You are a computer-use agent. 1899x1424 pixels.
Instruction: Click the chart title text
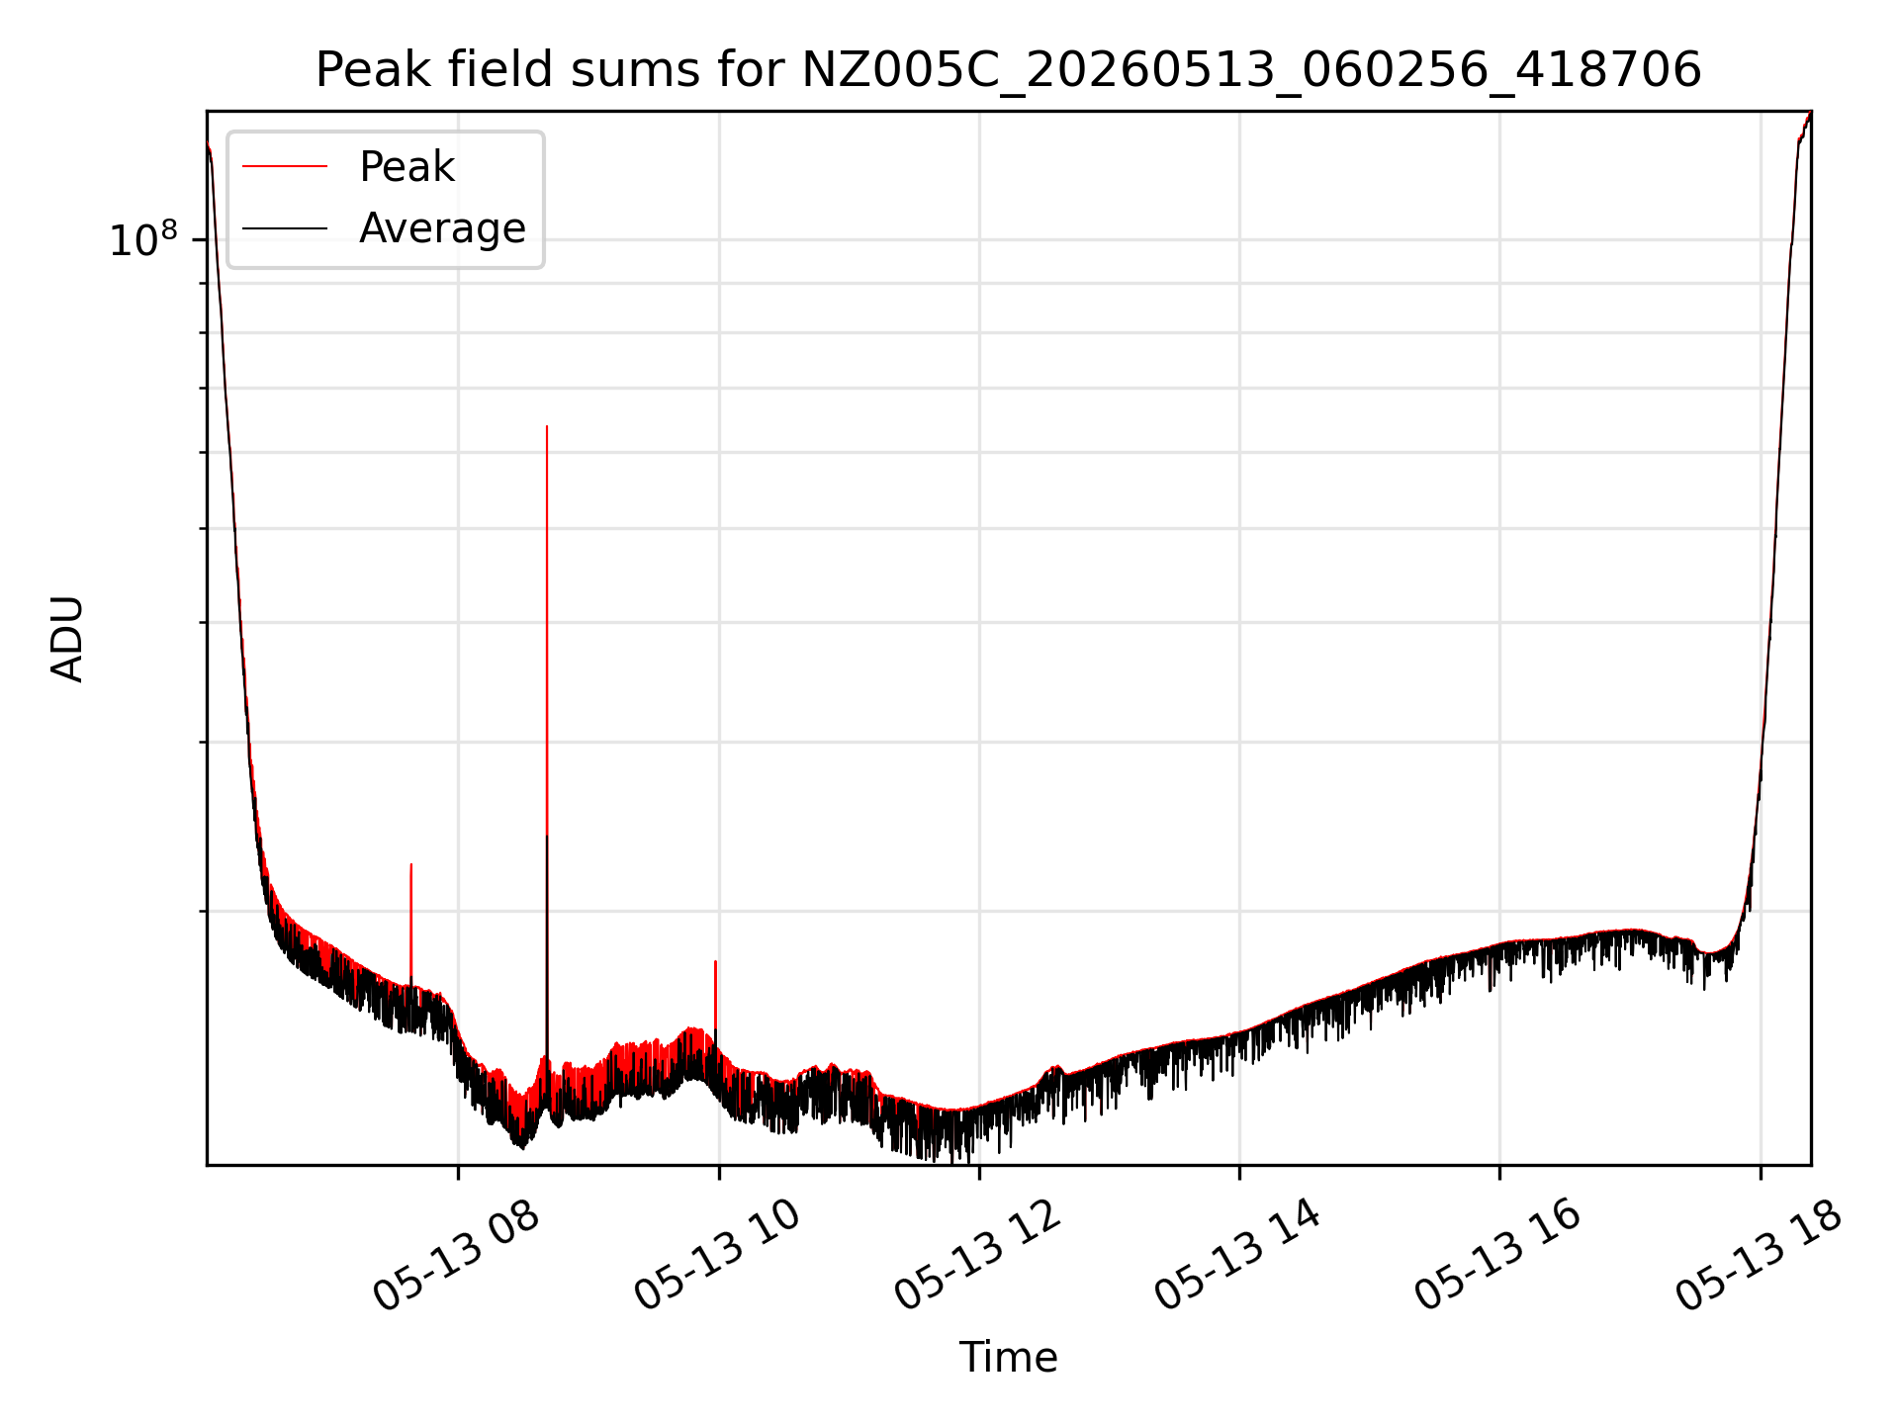click(1008, 70)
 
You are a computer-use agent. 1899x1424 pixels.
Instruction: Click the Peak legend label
click(407, 167)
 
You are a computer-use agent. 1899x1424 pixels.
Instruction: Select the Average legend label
click(442, 228)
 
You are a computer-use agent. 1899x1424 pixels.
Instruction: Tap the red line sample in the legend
click(285, 167)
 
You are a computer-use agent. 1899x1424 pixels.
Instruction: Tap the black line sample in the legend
click(285, 228)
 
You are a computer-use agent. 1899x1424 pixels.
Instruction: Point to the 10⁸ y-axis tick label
click(143, 239)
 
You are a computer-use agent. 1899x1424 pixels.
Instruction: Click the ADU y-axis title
click(67, 639)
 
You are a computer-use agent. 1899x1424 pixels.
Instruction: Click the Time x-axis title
click(1008, 1358)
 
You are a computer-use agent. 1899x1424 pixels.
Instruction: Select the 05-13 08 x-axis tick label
click(456, 1256)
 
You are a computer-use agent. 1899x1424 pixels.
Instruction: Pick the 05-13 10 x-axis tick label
click(717, 1256)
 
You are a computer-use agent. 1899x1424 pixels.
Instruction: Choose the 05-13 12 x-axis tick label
click(977, 1256)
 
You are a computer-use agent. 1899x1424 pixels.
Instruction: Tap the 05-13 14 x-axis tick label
click(1237, 1256)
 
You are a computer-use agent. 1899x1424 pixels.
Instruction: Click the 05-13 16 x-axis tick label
click(1497, 1256)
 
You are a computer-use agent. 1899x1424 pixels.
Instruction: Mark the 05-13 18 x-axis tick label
click(1759, 1256)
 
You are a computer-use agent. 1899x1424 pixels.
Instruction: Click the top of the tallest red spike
click(547, 426)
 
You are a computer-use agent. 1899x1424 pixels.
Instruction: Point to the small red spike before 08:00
click(411, 864)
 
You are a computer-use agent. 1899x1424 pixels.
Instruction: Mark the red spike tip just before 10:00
click(715, 961)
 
